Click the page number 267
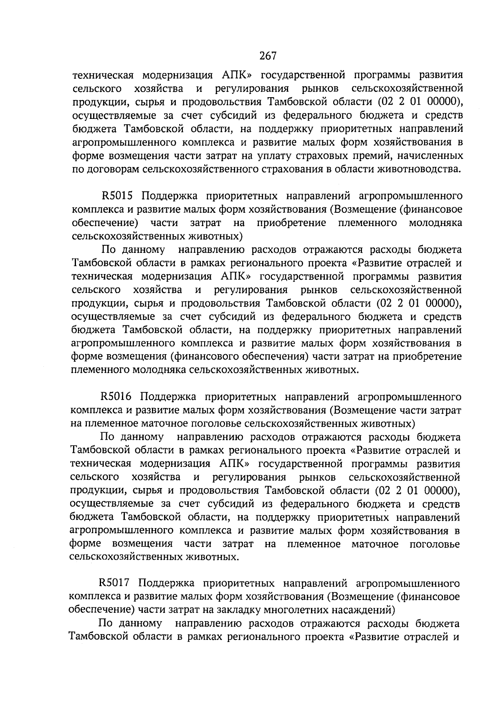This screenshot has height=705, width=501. pos(268,55)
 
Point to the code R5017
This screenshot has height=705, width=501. pos(116,583)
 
